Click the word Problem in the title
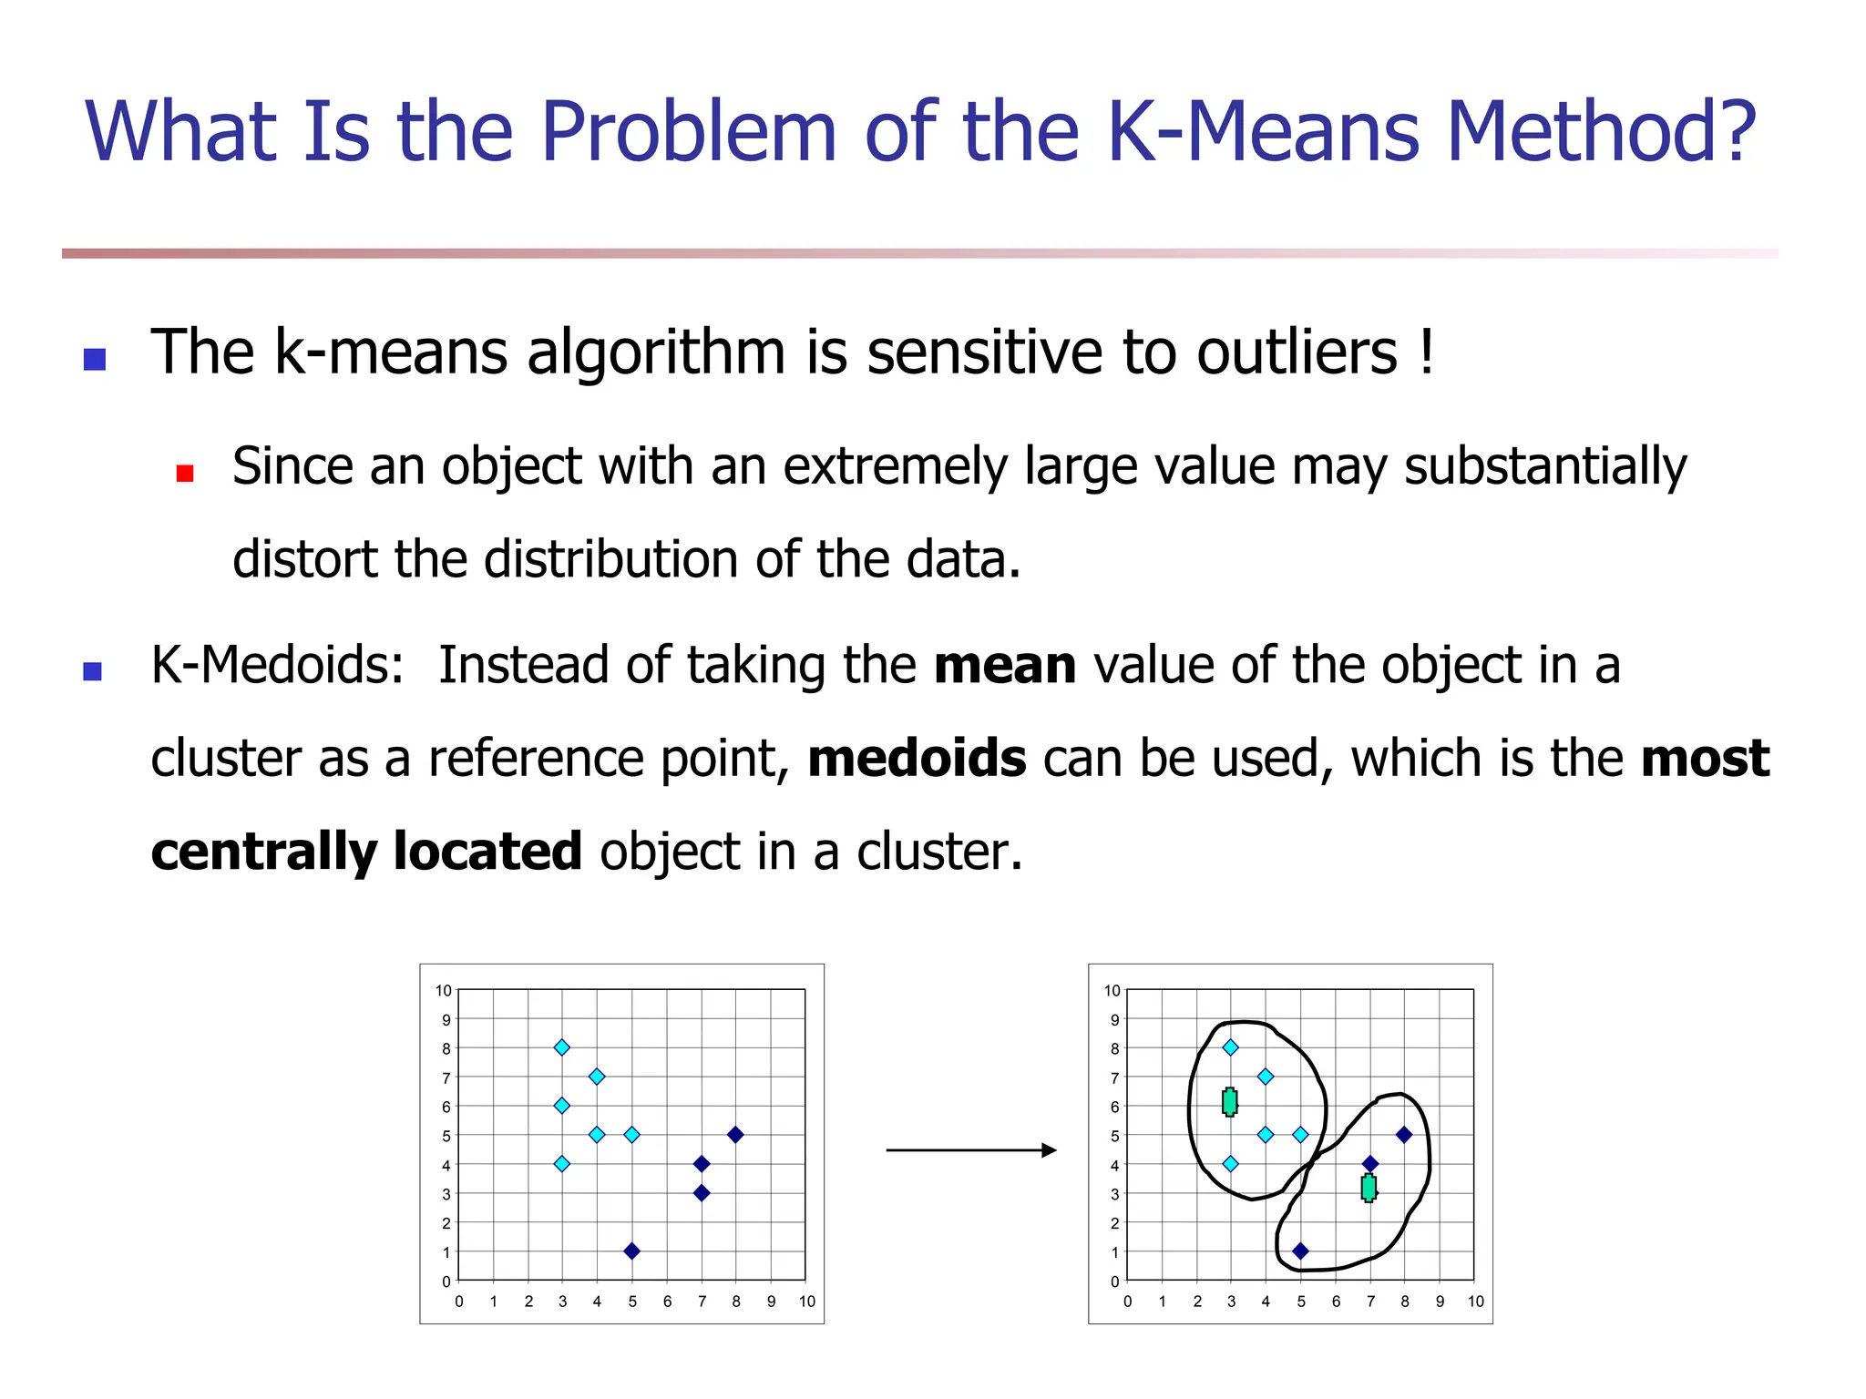688,132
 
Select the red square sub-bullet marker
185,473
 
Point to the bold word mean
1004,666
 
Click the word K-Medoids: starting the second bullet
277,666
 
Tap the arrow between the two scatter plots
970,1150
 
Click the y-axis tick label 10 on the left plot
444,991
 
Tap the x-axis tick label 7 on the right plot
1370,1302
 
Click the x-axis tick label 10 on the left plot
806,1302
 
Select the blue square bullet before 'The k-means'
95,359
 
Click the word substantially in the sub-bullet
1544,467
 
